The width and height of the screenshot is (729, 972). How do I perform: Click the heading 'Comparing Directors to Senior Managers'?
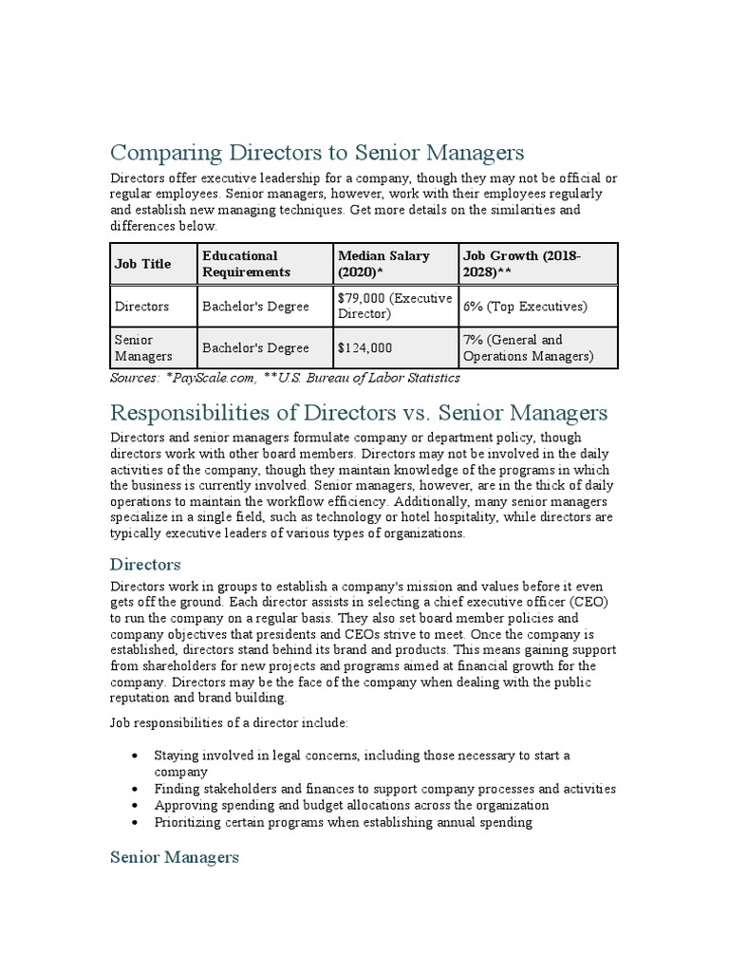tap(317, 153)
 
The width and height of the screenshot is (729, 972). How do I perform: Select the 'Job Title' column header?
tap(142, 264)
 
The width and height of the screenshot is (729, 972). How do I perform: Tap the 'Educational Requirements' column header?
tap(245, 264)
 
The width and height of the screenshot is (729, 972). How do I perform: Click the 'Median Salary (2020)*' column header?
tap(383, 264)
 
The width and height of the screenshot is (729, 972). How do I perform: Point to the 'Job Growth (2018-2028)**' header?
tap(521, 264)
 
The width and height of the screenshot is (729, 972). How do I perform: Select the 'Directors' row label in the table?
tap(141, 307)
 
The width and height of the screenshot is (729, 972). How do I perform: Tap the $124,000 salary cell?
tap(363, 348)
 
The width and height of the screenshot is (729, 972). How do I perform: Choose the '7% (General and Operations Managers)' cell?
tap(527, 347)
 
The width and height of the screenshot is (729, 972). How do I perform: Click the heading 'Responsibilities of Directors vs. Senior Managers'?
tap(359, 413)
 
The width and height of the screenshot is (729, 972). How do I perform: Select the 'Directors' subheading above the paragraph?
tap(145, 564)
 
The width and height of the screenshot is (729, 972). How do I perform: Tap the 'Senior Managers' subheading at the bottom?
tap(175, 857)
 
